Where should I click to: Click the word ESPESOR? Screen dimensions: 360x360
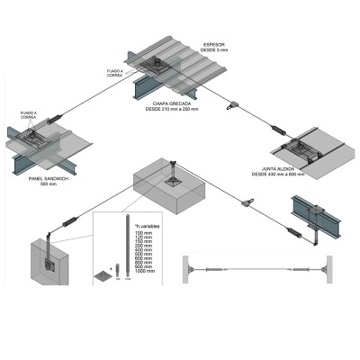point(214,42)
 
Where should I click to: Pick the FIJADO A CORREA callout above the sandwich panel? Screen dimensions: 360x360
point(29,115)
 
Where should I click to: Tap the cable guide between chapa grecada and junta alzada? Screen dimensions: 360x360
point(232,103)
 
